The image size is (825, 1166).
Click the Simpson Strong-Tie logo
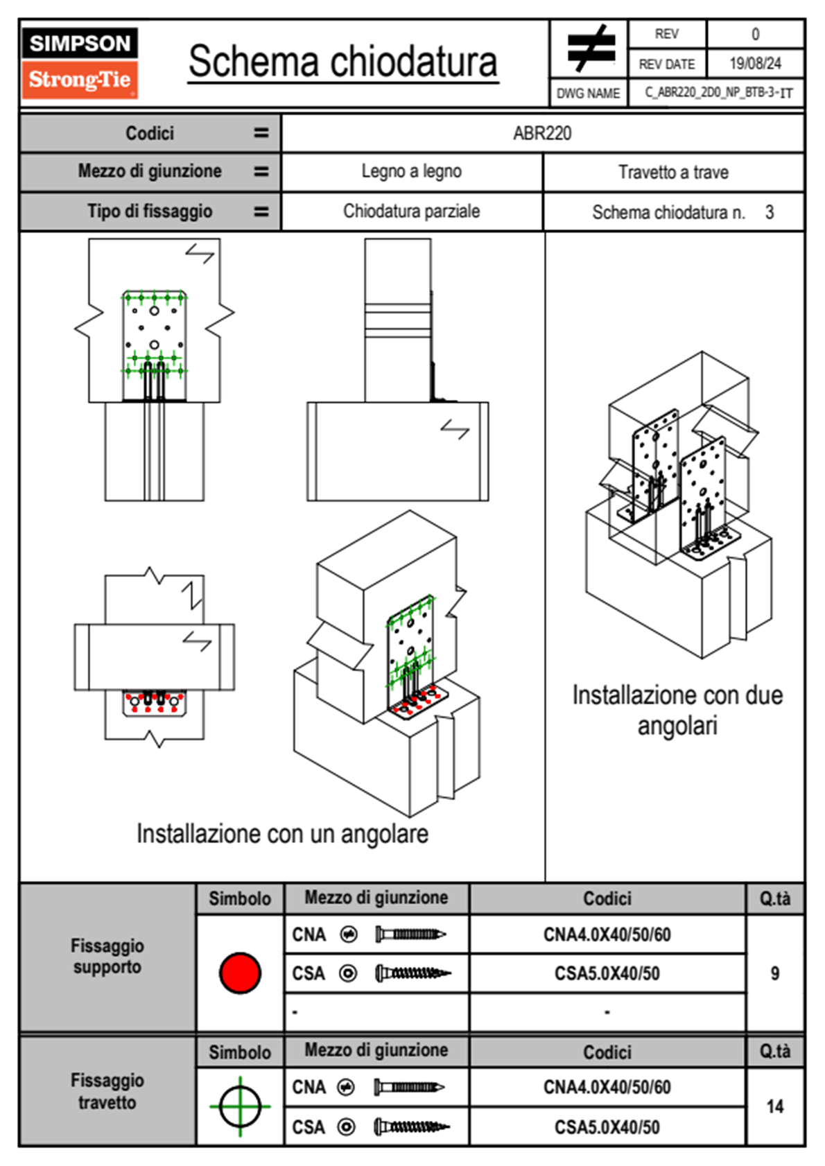point(80,63)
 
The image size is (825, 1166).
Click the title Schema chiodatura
point(342,62)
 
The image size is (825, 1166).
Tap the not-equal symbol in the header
point(589,49)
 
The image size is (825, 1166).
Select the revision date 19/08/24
point(755,64)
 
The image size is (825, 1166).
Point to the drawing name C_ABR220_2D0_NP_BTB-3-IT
point(718,93)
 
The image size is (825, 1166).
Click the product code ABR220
point(542,134)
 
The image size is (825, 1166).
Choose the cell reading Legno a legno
point(411,172)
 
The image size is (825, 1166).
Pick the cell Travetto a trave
point(673,173)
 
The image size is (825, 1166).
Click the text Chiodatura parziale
point(411,211)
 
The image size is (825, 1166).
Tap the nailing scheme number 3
point(770,212)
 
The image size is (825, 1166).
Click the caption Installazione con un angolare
point(282,834)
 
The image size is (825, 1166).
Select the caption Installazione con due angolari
point(677,711)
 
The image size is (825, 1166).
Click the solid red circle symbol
point(240,973)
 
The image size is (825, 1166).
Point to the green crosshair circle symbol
point(240,1106)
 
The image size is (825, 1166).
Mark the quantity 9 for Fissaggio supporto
point(774,973)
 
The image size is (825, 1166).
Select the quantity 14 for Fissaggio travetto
point(775,1106)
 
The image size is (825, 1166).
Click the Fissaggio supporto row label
point(107,957)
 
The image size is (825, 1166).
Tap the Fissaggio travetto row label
point(107,1091)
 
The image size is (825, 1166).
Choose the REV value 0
point(755,34)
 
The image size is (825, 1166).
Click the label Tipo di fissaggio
point(150,211)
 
